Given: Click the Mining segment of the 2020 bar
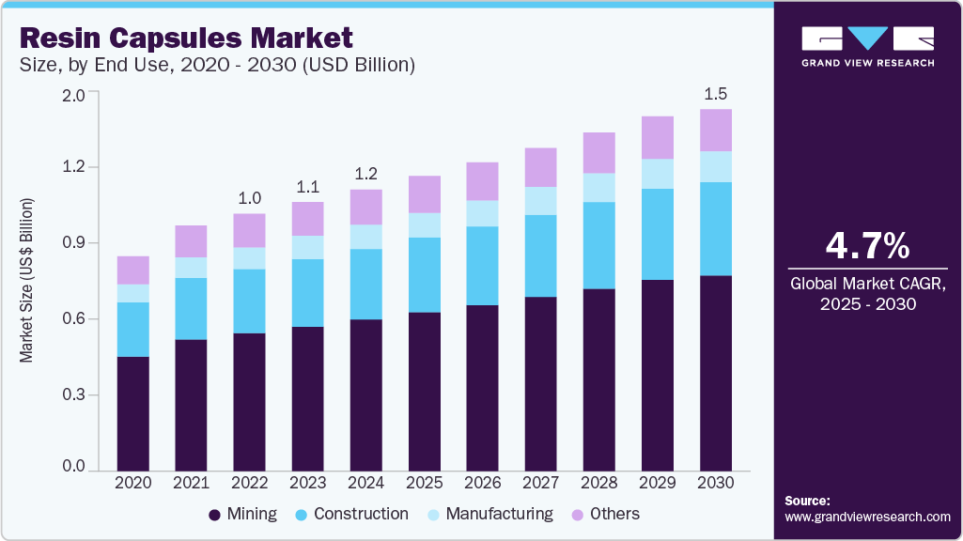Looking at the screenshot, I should pos(132,413).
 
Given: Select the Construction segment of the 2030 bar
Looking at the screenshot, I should pos(716,228).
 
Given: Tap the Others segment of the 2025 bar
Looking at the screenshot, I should pos(425,194).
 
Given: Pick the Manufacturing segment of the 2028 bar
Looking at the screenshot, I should pos(599,188).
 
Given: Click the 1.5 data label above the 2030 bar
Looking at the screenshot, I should pos(716,94).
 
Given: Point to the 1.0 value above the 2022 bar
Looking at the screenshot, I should pos(249,198).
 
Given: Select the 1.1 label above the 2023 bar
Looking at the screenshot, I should pos(307,186).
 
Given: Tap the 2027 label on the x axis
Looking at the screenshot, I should pos(541,482).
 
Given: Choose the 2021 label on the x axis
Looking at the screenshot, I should pos(191,482).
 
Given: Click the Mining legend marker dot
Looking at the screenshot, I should pos(214,515).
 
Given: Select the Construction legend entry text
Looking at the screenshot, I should pos(361,514).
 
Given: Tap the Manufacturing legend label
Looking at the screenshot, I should pos(499,514).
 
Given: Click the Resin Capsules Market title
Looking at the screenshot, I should pos(186,39).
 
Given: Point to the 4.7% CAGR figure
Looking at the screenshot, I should pos(867,246).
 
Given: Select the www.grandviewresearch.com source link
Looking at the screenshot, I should pos(867,517).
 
